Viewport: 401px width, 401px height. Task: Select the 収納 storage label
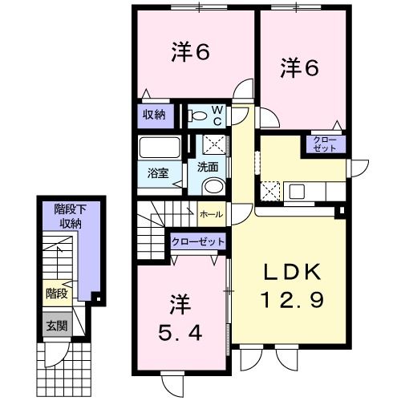[x=154, y=115]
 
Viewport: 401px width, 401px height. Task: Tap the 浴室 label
[x=156, y=172]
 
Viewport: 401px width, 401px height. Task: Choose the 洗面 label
[x=209, y=168]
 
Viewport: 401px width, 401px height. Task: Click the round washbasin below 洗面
[x=214, y=186]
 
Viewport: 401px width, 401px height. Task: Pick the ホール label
[x=211, y=214]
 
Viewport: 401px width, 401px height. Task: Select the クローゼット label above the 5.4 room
[x=197, y=241]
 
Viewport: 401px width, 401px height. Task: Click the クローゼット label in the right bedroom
[x=326, y=145]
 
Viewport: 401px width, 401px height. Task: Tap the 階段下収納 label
[x=68, y=216]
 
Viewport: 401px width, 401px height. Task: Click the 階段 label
[x=56, y=294]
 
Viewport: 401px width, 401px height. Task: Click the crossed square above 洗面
[x=212, y=144]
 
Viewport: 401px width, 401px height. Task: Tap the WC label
[x=218, y=115]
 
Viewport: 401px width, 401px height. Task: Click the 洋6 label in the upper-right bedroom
[x=300, y=69]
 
